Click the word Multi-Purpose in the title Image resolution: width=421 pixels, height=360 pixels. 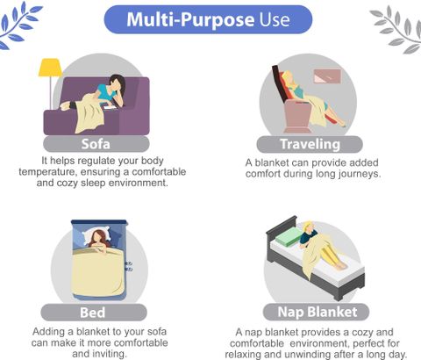(190, 19)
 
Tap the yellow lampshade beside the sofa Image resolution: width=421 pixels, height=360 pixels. (50, 68)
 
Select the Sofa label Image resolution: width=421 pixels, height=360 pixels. (96, 144)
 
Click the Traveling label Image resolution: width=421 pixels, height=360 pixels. (310, 144)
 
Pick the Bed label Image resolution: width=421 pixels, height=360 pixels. (93, 313)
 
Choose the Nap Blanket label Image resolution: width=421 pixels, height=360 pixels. (318, 312)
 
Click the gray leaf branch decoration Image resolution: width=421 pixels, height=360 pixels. (397, 29)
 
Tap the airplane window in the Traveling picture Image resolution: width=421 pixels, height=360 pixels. (327, 76)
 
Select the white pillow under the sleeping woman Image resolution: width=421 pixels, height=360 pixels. (96, 235)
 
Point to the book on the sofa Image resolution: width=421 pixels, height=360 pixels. (111, 107)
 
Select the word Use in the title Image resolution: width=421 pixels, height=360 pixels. (275, 19)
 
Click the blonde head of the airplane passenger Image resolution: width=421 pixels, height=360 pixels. (288, 77)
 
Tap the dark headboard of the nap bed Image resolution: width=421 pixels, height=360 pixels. (282, 227)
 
